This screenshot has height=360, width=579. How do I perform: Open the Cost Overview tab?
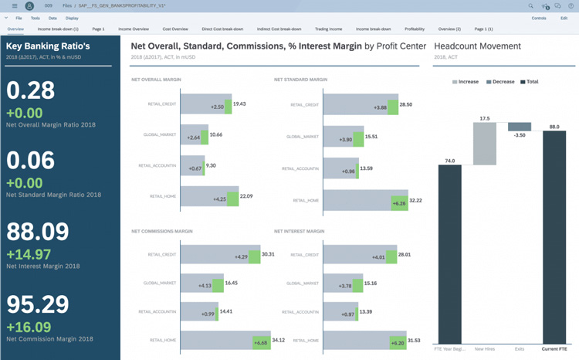[175, 29]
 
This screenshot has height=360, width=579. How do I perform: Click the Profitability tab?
[415, 29]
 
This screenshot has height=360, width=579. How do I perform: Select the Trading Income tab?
[328, 29]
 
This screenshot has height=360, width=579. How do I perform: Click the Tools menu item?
[35, 18]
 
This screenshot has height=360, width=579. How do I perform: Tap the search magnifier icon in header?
[530, 6]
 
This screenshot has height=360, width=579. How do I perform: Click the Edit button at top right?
[564, 18]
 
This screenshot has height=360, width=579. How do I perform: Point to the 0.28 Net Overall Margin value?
[30, 90]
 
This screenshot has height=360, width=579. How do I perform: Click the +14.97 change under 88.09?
[29, 254]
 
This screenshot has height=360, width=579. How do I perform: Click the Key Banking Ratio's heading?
[48, 46]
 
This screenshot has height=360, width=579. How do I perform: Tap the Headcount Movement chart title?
[477, 46]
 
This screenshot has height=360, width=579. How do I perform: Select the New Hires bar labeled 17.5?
[484, 144]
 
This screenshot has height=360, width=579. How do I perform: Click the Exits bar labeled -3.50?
[520, 127]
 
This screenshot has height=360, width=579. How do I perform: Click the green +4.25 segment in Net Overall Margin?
[232, 199]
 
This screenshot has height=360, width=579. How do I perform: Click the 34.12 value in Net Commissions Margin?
[279, 340]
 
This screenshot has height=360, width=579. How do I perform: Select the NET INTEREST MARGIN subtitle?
[299, 231]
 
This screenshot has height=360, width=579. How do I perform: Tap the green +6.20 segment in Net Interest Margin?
[398, 342]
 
